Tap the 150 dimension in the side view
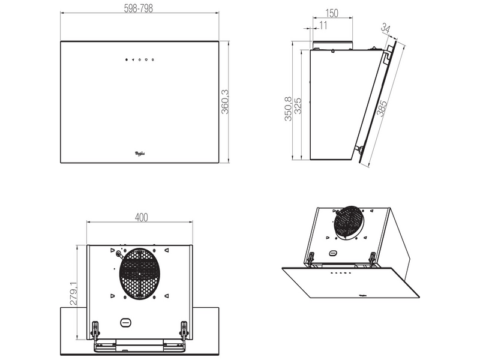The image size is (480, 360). coord(331,13)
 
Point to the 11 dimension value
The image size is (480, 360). coord(323,26)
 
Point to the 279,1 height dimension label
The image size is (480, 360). coord(73,294)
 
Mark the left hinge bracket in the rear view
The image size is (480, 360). coord(96,328)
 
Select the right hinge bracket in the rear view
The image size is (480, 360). coord(184,328)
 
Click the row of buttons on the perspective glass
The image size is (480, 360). coord(340,275)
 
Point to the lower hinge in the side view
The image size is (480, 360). coord(358,148)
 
